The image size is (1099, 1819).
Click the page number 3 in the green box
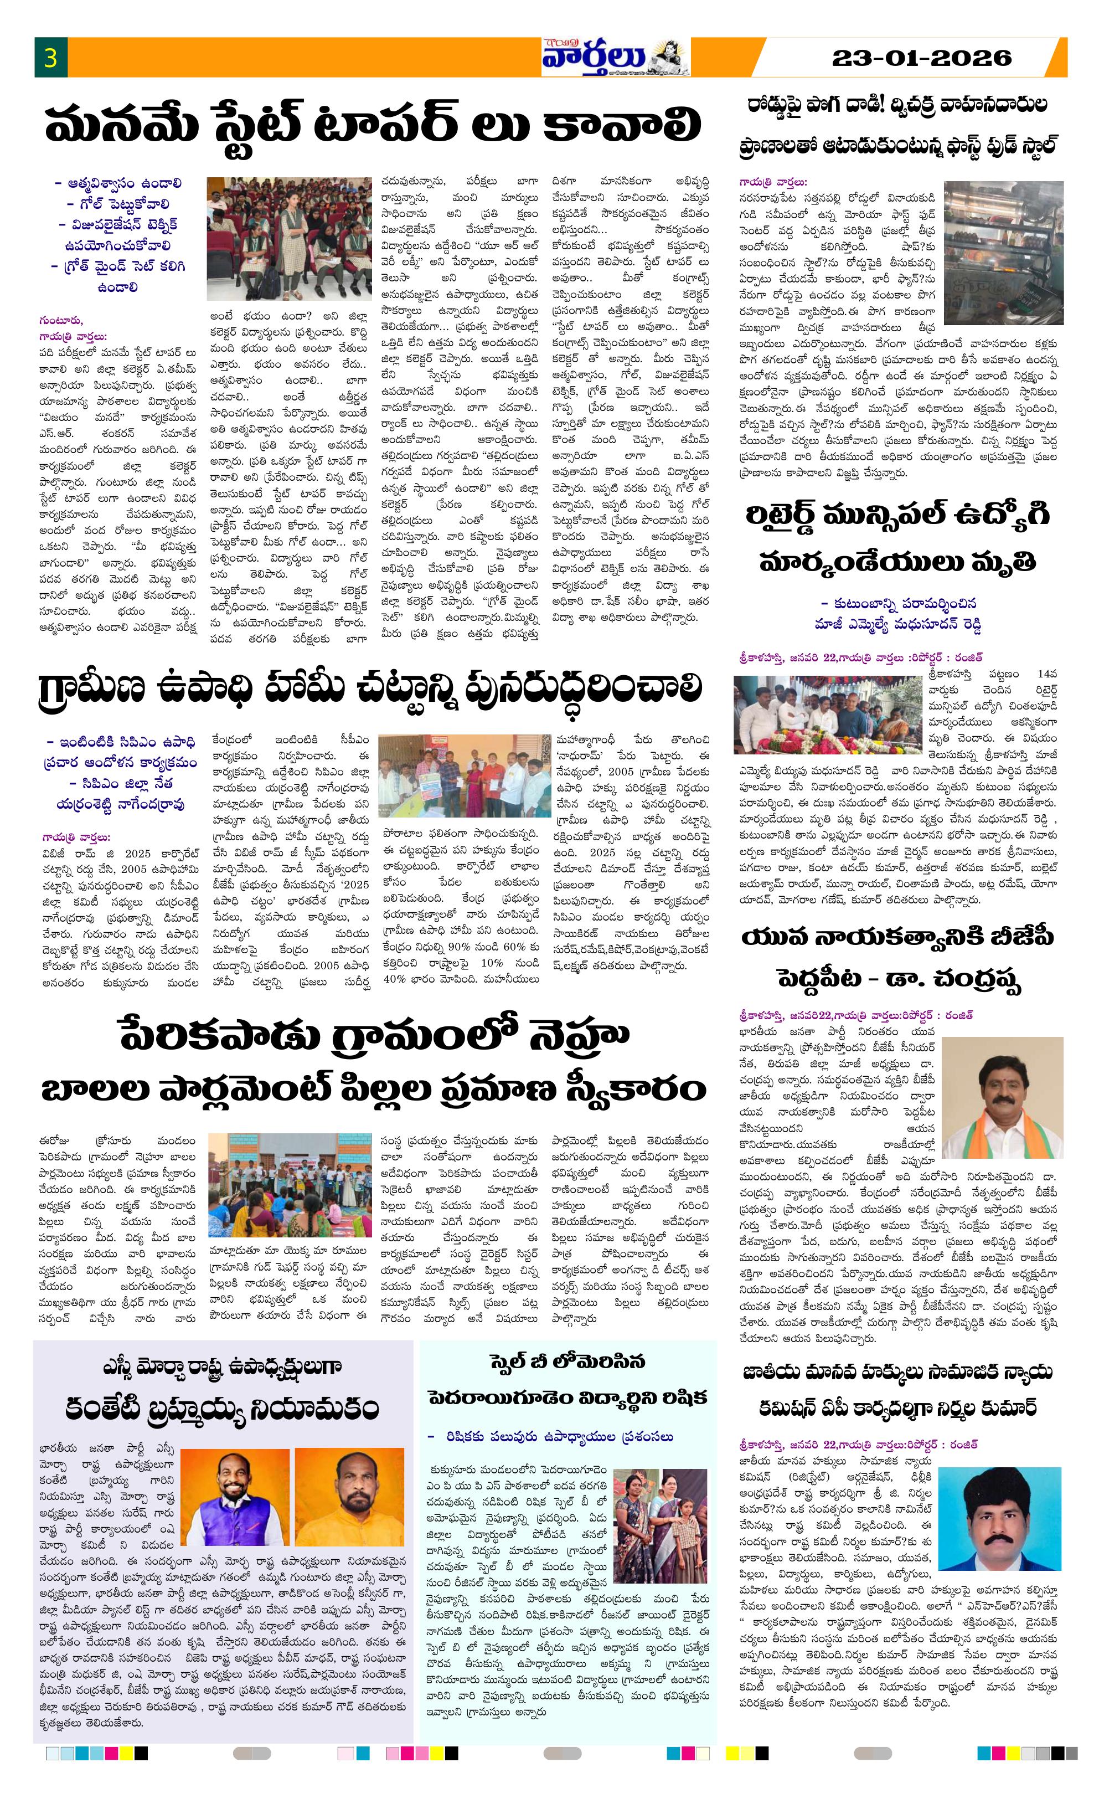(x=50, y=58)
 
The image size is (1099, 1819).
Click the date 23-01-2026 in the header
(x=921, y=58)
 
